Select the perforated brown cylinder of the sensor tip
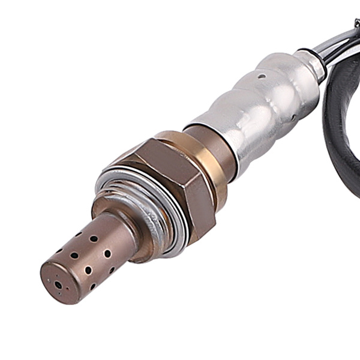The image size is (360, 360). [x=90, y=252]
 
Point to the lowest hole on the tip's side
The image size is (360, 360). [x=91, y=287]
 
